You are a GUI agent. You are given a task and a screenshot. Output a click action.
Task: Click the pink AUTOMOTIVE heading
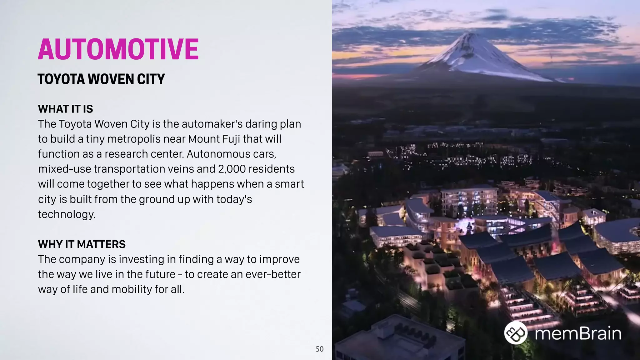pos(118,49)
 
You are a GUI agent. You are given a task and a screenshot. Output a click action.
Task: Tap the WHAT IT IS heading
pos(65,109)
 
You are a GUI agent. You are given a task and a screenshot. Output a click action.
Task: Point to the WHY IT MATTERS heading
pos(82,244)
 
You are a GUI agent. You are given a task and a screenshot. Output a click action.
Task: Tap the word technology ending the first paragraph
pos(67,214)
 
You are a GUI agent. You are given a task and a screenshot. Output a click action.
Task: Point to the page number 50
pos(319,349)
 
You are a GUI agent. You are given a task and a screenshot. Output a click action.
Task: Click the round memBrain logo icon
pos(516,333)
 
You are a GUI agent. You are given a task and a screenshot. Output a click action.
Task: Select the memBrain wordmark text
pos(578,333)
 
